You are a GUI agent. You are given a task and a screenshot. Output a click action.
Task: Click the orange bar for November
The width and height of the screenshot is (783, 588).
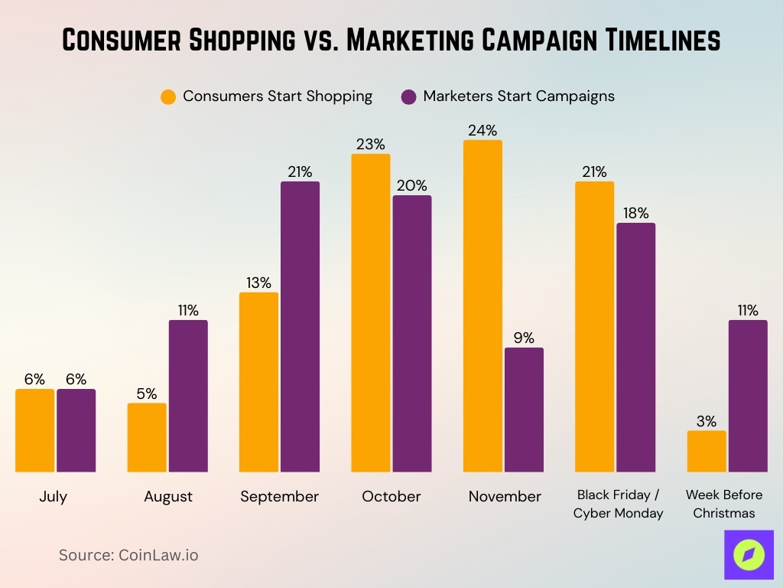pos(482,306)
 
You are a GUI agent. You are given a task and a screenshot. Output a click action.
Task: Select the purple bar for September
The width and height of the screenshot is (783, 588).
pos(300,327)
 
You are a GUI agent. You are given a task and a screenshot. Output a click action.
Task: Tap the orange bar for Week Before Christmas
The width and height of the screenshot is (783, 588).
pos(707,451)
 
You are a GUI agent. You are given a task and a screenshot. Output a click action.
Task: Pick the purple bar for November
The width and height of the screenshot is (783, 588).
pos(524,410)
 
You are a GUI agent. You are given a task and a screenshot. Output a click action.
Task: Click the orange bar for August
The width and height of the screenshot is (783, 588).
pos(147,437)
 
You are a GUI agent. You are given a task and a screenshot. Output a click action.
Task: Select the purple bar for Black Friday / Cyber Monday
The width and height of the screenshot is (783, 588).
pos(636,348)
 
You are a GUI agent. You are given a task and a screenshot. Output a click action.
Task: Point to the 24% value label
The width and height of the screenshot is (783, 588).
pos(482,130)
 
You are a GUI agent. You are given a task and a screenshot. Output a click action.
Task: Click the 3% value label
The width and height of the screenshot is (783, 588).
pos(707,421)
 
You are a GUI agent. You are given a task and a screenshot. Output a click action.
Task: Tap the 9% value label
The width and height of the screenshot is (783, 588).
pos(524,338)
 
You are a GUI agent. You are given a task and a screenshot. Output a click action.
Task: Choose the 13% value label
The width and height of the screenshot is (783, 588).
pos(258,283)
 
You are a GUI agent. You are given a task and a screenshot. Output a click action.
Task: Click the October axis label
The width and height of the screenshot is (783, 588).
pos(391,497)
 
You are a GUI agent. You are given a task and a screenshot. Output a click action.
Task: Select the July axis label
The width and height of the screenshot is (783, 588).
pos(54,497)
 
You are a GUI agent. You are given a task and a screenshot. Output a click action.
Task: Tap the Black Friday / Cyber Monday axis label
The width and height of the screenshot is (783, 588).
pos(618,504)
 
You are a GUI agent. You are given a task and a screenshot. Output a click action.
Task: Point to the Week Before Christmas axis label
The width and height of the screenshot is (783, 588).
pos(723,504)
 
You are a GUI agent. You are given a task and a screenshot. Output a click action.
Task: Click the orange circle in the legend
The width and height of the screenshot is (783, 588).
pos(168,97)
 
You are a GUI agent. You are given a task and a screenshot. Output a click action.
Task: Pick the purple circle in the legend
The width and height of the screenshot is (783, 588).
pos(409,97)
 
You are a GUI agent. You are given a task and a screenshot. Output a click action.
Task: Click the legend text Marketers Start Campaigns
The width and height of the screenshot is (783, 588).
pos(518,96)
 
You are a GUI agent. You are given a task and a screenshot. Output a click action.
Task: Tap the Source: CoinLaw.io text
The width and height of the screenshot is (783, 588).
pos(128,555)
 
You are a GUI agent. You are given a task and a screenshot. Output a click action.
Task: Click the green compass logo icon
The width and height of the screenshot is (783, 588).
pos(749,555)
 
